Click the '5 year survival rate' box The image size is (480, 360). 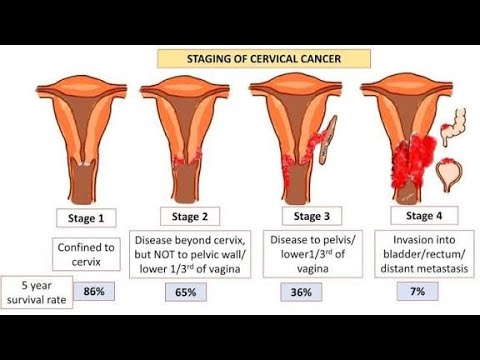(38, 292)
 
